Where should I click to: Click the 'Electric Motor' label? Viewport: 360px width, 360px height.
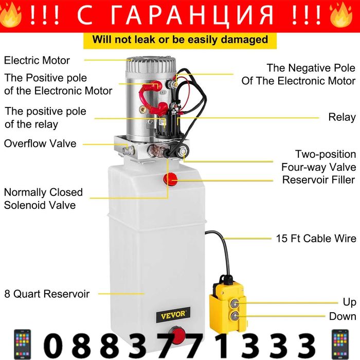(x=37, y=60)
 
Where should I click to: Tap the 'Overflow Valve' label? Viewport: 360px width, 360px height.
(x=40, y=143)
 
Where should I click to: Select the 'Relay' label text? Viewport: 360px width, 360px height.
(x=342, y=117)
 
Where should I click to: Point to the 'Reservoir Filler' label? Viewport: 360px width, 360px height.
(x=319, y=180)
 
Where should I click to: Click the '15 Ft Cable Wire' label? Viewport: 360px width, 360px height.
(x=316, y=238)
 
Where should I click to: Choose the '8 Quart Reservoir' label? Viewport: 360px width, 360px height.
(x=47, y=294)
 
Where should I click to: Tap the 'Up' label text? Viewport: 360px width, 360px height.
(x=349, y=302)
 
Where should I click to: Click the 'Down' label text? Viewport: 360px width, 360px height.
(x=343, y=316)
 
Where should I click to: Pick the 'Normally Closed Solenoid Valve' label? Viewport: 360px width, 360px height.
(x=43, y=199)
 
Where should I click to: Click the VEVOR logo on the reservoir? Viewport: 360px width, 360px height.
(x=173, y=315)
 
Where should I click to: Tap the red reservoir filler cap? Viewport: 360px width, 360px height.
(x=170, y=179)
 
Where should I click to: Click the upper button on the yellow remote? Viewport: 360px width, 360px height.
(x=235, y=303)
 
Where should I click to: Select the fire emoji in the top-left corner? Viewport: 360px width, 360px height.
(x=10, y=15)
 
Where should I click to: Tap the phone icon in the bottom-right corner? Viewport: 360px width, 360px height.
(x=340, y=345)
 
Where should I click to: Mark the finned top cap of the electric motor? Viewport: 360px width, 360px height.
(x=151, y=64)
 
